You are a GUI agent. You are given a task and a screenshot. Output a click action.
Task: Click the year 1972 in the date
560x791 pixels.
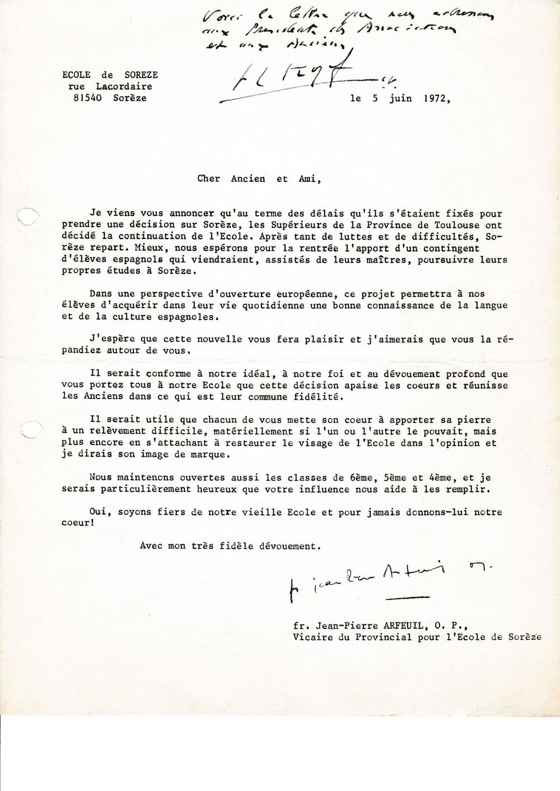pos(436,99)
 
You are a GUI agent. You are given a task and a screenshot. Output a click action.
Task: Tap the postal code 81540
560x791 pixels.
pos(87,98)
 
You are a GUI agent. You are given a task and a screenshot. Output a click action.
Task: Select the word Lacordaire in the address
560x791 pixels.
pos(124,86)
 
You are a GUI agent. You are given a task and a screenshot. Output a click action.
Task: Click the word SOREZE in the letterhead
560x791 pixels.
pos(141,75)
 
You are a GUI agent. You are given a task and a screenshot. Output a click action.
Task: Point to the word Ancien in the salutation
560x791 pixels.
pos(248,179)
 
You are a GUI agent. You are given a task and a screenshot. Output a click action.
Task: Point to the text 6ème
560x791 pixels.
pos(361,478)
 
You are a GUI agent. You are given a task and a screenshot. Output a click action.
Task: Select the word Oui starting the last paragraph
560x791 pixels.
pos(97,512)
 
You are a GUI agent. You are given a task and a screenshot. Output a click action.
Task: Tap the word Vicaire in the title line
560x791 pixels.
pos(312,637)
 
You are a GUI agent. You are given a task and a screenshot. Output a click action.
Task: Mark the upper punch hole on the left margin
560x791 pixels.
pos(26,217)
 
